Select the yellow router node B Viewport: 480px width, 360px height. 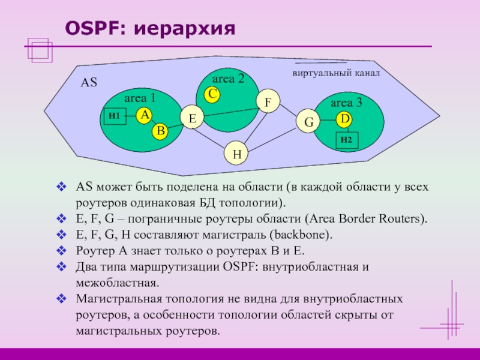pyautogui.click(x=159, y=131)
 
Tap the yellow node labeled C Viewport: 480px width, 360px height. pyautogui.click(x=212, y=94)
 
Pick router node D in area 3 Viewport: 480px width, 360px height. pyautogui.click(x=344, y=119)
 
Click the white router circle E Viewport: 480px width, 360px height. pyautogui.click(x=193, y=118)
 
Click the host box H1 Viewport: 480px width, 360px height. pyautogui.click(x=114, y=115)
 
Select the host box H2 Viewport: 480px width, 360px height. pyautogui.click(x=346, y=140)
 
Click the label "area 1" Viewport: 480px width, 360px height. pyautogui.click(x=140, y=97)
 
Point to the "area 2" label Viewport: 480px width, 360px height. pyautogui.click(x=229, y=79)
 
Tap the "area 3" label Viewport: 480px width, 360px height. pyautogui.click(x=347, y=103)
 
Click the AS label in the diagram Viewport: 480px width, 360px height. pyautogui.click(x=89, y=83)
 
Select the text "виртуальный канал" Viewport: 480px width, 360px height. pyautogui.click(x=337, y=73)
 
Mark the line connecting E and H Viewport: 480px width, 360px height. pyautogui.click(x=215, y=137)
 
